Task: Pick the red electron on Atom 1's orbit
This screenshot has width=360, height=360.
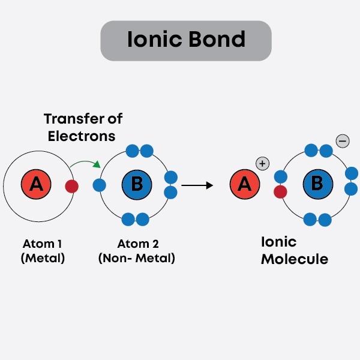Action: (72, 186)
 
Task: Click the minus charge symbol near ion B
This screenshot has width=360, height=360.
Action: (342, 141)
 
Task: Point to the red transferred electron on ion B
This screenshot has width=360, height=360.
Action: (280, 192)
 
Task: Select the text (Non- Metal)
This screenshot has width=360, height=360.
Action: (136, 259)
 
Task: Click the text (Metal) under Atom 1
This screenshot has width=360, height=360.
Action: (43, 259)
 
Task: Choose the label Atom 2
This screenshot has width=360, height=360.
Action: (136, 244)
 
